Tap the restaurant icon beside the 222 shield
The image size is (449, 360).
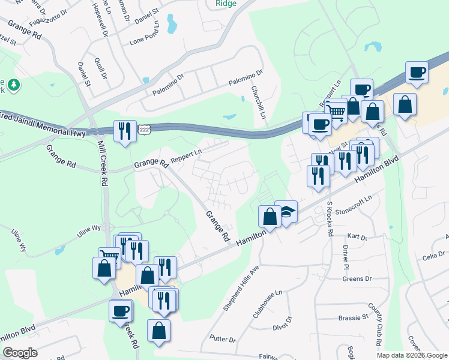coord(125,131)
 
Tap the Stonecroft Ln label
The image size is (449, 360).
coord(354,204)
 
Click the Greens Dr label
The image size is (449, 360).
coord(357,279)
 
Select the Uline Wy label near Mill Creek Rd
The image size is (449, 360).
coord(88,228)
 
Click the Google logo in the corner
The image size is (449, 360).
coord(20,353)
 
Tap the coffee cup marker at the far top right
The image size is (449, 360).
coord(417,73)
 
